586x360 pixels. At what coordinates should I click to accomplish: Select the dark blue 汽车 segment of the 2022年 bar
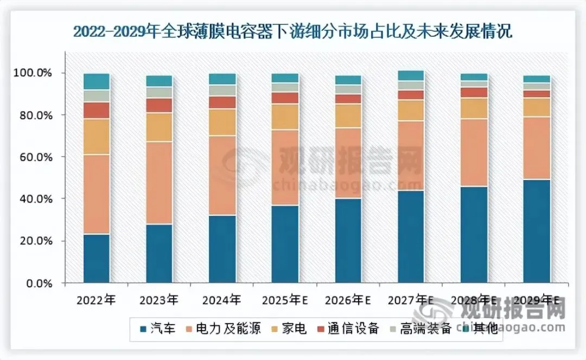[x=97, y=258]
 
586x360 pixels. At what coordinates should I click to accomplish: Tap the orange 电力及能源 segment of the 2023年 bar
[x=160, y=183]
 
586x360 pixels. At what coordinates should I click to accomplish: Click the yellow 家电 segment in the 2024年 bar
[x=222, y=122]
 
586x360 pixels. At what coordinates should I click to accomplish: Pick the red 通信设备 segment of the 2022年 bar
[x=97, y=110]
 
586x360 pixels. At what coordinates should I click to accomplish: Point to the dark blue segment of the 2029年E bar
[x=537, y=231]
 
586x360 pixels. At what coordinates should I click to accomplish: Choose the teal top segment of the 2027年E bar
[x=411, y=75]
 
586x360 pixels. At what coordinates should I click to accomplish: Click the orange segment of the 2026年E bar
[x=348, y=163]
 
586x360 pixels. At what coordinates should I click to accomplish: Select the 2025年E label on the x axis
[x=285, y=299]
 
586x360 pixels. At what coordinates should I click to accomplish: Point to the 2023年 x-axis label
[x=159, y=299]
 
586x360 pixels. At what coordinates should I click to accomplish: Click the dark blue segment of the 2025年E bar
[x=285, y=244]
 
